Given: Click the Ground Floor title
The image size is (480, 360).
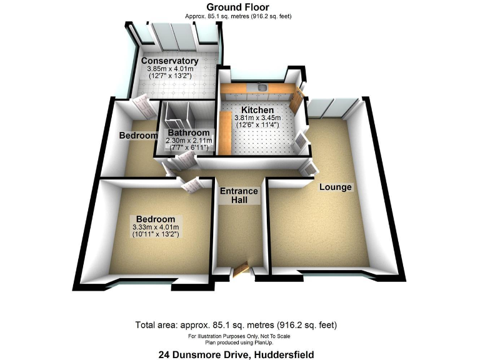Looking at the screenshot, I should click(238, 7).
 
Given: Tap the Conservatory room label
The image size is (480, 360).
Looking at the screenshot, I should click(169, 61).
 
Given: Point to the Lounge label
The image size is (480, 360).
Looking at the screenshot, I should click(336, 187).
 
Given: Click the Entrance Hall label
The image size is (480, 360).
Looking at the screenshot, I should click(239, 196).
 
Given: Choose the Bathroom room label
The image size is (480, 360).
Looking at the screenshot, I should click(187, 133).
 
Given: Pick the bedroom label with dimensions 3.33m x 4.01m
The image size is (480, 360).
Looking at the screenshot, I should click(154, 219).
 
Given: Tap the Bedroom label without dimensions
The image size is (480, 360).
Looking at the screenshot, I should click(138, 136).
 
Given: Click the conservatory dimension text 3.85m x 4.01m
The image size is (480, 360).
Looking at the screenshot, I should click(169, 69).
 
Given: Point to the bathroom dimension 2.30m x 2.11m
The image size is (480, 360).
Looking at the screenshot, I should click(188, 141).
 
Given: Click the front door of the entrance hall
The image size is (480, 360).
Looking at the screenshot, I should click(240, 270).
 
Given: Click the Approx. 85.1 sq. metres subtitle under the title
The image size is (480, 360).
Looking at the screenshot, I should click(238, 16).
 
